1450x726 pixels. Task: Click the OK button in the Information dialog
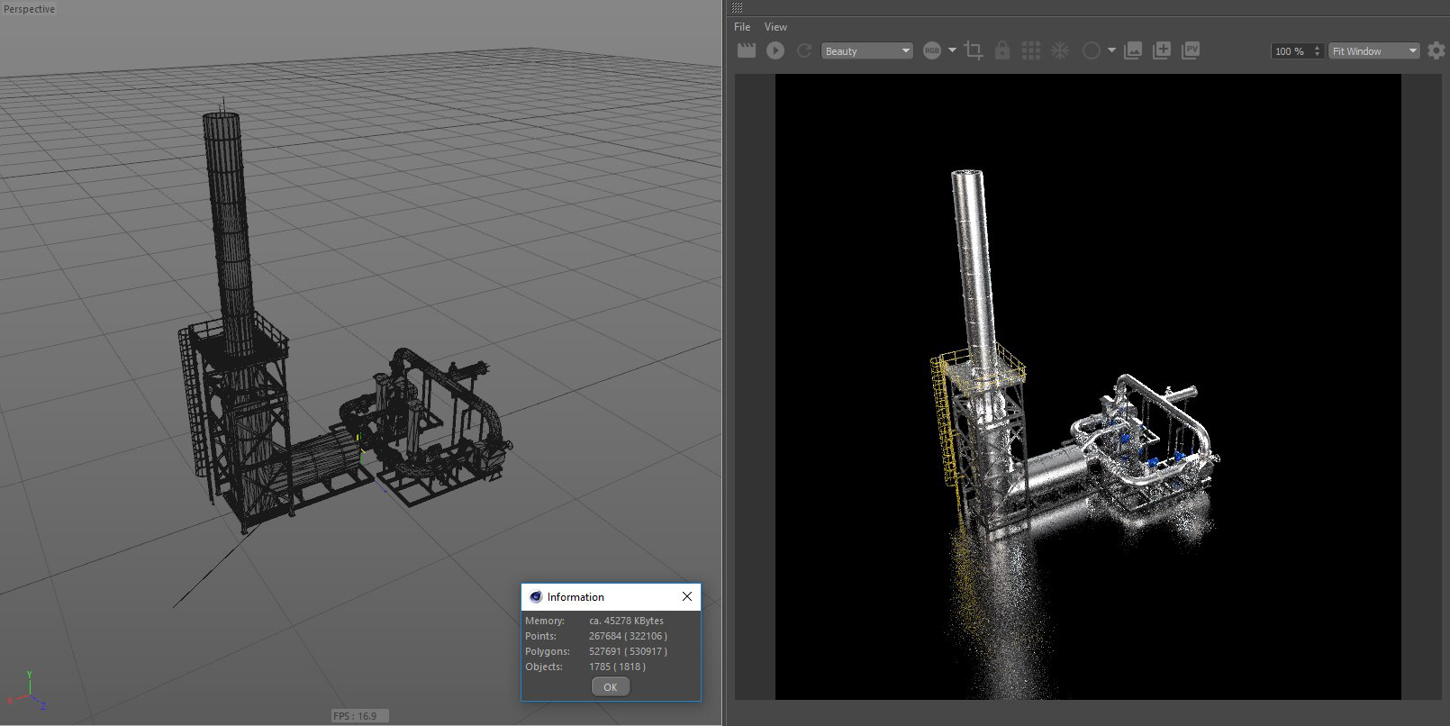point(610,687)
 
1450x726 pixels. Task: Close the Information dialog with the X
point(687,596)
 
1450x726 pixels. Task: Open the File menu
point(742,26)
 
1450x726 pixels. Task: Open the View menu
point(775,26)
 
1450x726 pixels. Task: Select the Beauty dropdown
point(866,50)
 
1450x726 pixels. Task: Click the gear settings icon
point(1436,50)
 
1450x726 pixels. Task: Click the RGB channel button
point(932,50)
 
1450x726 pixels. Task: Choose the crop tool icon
point(973,50)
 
